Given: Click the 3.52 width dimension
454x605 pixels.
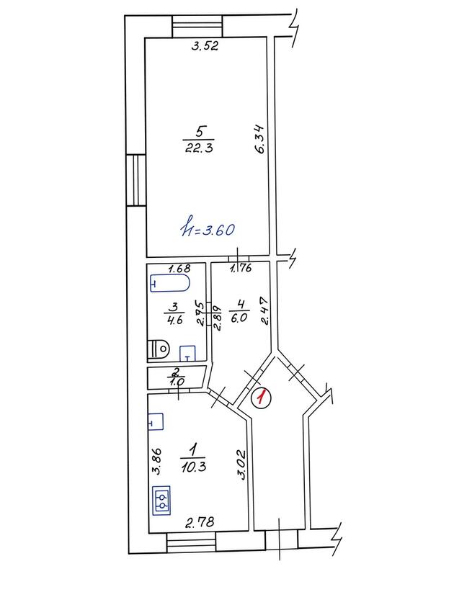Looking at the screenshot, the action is point(205,46).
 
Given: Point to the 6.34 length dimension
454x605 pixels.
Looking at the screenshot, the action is point(260,138).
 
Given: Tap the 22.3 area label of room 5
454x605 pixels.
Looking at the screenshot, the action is point(199,148).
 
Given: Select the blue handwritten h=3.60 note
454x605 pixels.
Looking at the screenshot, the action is point(208,230).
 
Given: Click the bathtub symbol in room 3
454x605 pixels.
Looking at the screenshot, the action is point(170,284).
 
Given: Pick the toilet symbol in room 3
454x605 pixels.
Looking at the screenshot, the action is point(158,350).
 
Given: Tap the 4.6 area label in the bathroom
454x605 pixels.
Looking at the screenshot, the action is point(174,320).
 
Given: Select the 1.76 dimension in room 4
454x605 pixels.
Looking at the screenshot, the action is point(241,268).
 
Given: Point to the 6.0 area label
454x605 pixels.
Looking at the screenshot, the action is point(239,318).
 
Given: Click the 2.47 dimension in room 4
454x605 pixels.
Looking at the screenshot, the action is point(264,311).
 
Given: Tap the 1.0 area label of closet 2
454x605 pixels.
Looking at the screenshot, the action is point(176,382).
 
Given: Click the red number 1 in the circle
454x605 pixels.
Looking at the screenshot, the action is point(262,398).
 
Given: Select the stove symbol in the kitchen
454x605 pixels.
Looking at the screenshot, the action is point(162,500).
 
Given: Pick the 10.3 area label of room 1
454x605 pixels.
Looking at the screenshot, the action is point(193,467).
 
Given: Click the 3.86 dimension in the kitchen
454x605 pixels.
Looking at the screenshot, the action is point(156,461).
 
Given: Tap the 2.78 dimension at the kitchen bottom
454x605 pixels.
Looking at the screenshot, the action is point(200,523).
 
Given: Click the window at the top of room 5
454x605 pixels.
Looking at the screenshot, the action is point(197,26).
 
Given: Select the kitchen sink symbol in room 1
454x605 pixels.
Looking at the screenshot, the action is point(156,422).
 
